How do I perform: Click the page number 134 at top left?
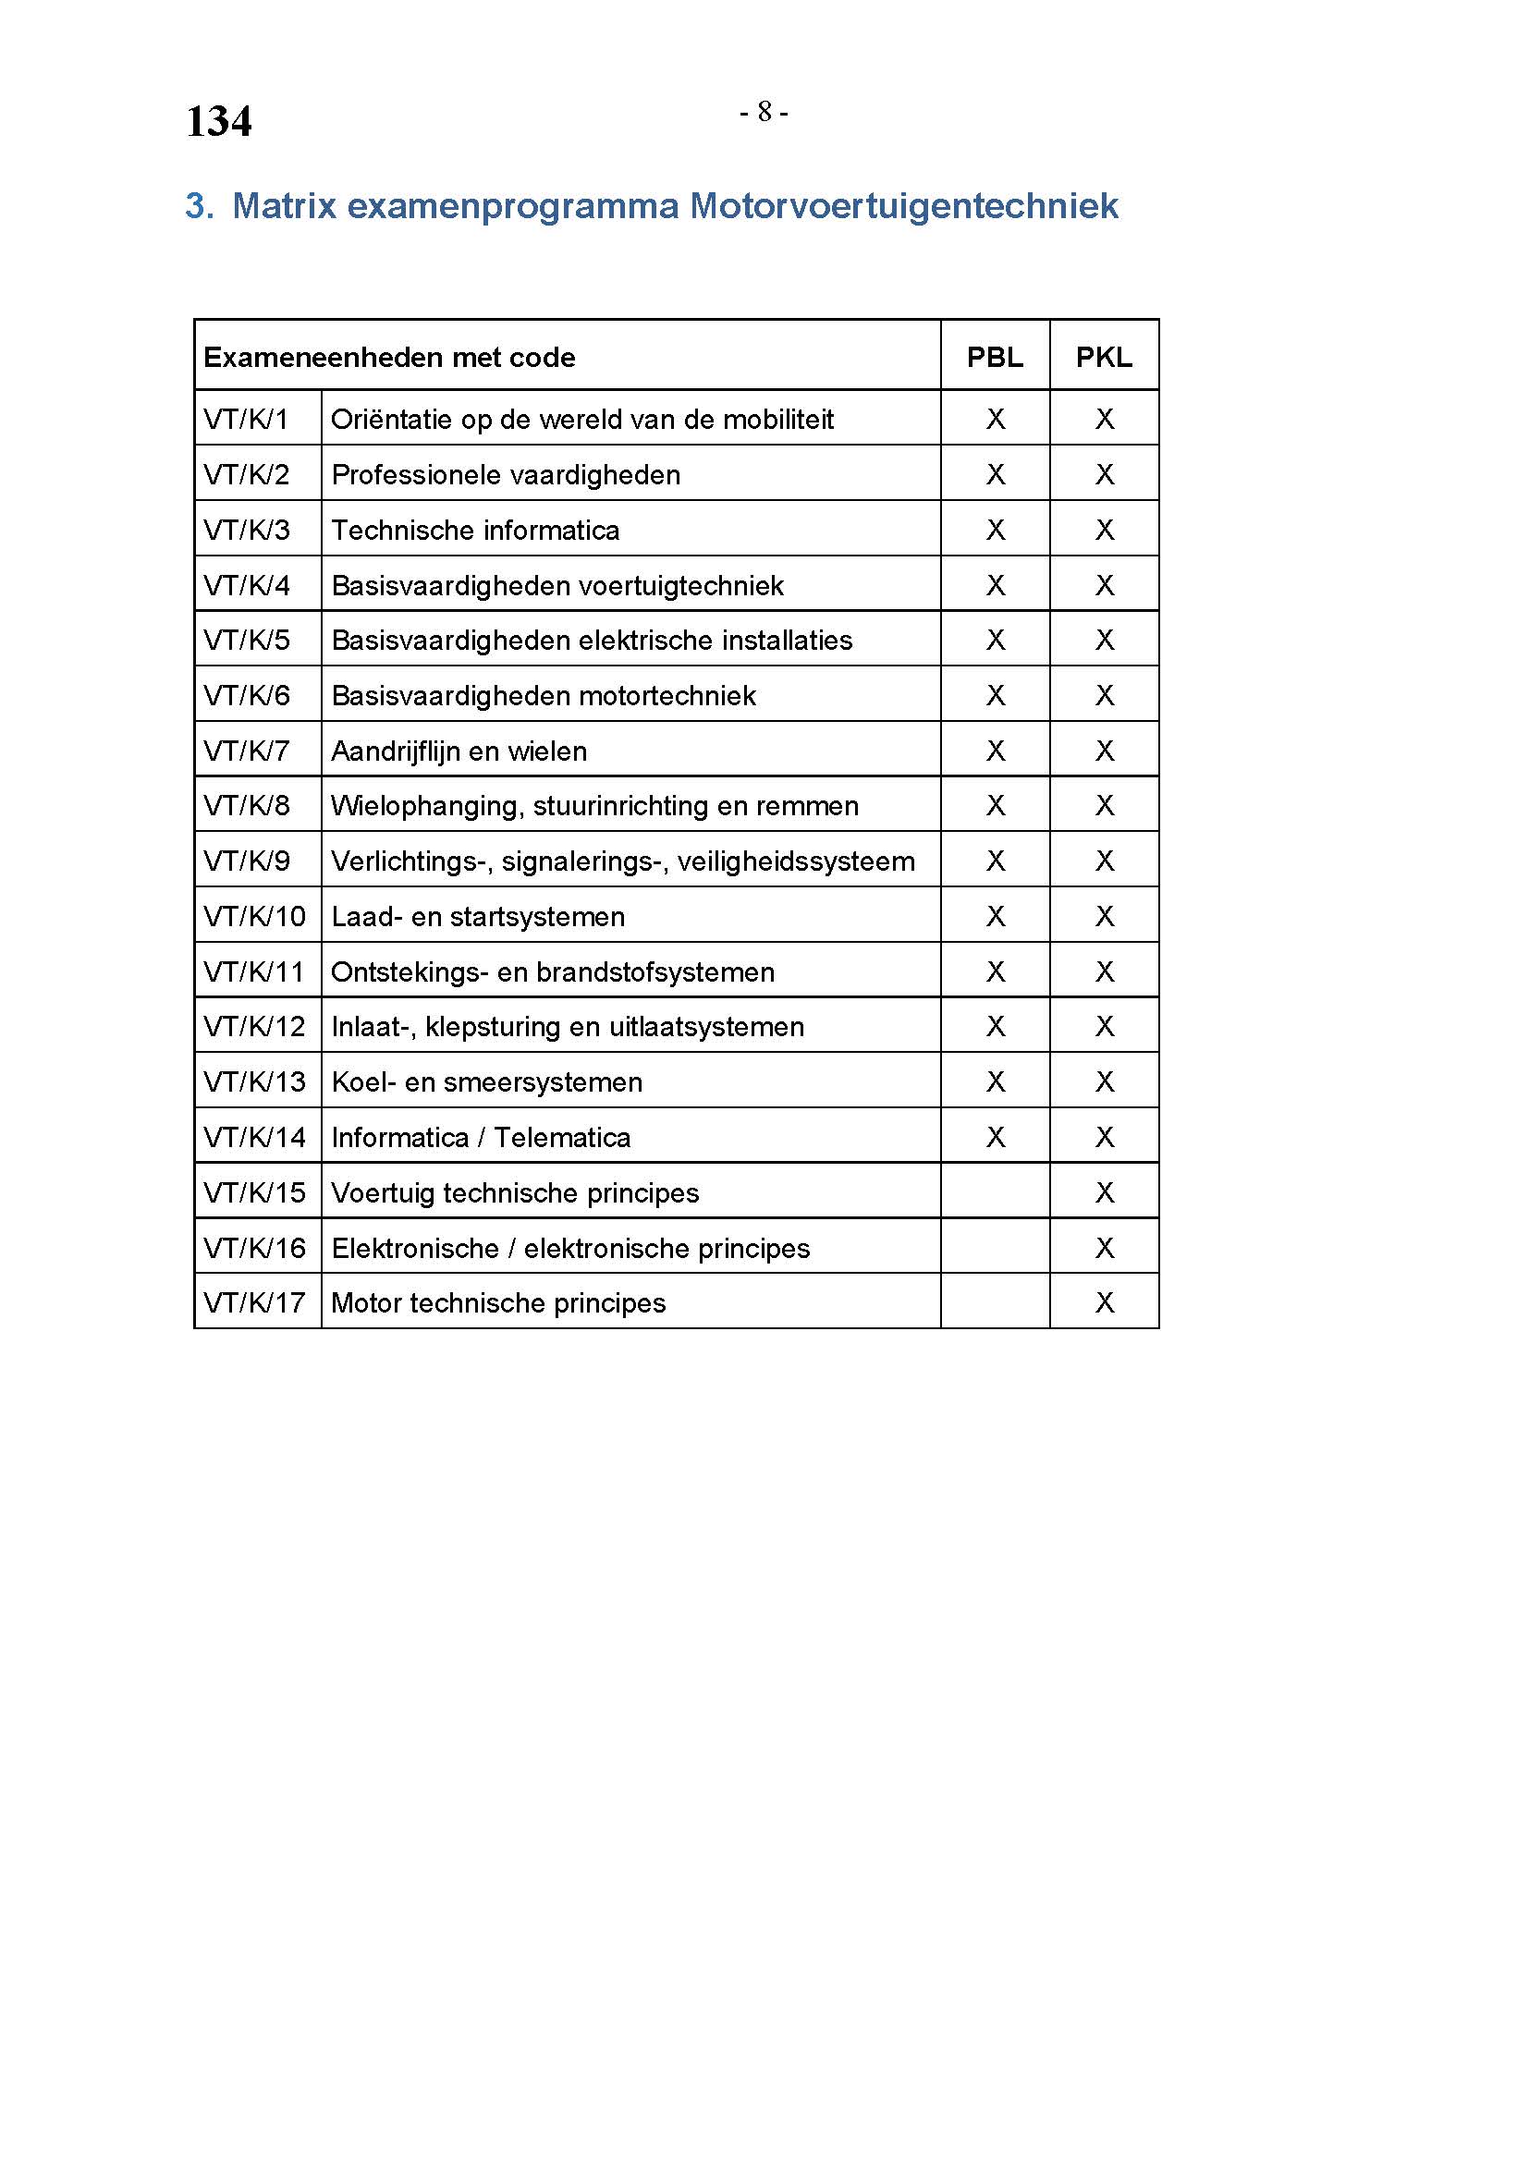click(x=218, y=121)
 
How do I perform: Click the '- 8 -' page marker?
click(x=764, y=112)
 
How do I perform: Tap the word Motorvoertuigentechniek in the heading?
click(x=903, y=205)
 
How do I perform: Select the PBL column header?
click(x=995, y=357)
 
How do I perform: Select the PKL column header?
click(x=1104, y=357)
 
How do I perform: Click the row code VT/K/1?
click(x=246, y=419)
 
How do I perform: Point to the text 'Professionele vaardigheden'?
click(x=506, y=474)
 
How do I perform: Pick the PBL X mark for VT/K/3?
click(x=996, y=531)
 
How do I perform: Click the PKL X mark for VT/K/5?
click(x=1105, y=641)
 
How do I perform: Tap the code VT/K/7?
click(x=247, y=751)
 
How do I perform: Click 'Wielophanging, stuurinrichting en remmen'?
click(x=594, y=806)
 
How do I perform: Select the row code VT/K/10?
click(x=254, y=916)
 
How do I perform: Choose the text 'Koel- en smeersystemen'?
click(x=487, y=1082)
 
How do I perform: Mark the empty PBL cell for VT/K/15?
click(x=996, y=1192)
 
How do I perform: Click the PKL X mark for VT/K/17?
click(x=1105, y=1302)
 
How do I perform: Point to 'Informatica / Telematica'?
click(x=480, y=1138)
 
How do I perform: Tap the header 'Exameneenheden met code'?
click(x=389, y=357)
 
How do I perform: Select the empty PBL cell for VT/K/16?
click(x=996, y=1248)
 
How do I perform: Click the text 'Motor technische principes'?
click(x=498, y=1302)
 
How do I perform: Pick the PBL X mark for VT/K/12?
click(x=996, y=1026)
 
